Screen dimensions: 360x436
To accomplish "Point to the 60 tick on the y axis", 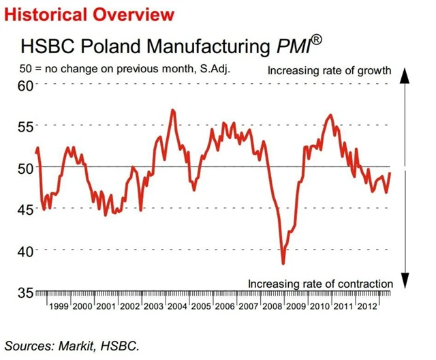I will coord(25,86).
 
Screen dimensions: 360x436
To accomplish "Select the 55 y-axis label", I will coord(25,127).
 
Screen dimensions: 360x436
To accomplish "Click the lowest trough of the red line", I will coord(283,263).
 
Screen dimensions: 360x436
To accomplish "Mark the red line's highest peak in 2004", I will coord(173,110).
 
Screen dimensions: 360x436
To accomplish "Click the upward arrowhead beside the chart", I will coord(404,76).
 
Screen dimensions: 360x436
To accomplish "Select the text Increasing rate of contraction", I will coord(320,284).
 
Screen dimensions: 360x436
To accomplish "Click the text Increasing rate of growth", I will coord(329,70).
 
